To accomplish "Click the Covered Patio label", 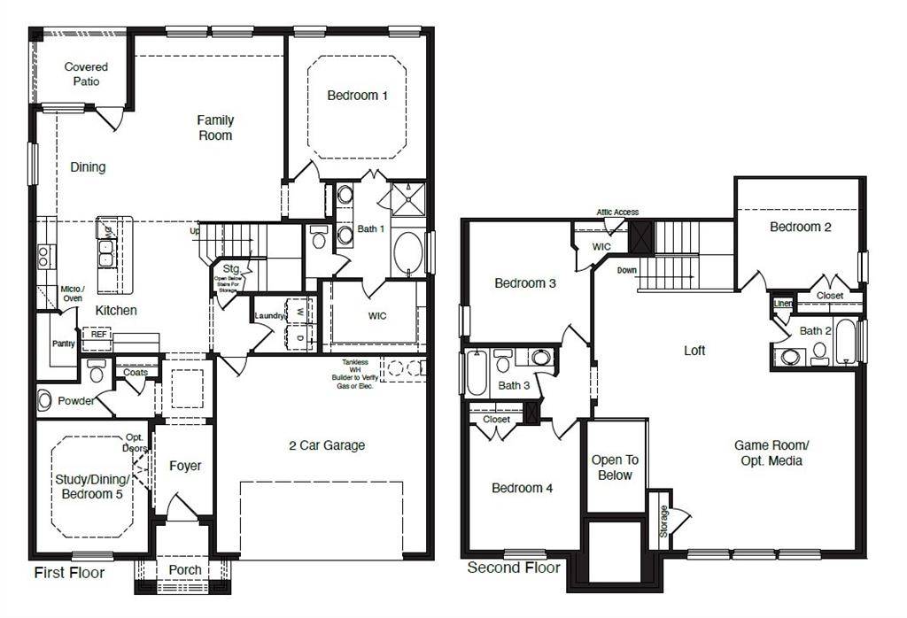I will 87,74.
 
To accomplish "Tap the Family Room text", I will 215,127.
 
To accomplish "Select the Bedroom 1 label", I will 357,96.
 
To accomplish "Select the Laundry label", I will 268,316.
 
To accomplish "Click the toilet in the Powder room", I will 44,400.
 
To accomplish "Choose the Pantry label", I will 63,344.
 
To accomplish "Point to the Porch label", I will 184,569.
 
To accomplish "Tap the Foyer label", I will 185,466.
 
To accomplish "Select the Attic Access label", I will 617,212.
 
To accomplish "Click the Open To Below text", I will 615,467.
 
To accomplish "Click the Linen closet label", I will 783,304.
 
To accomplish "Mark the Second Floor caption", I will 514,568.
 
